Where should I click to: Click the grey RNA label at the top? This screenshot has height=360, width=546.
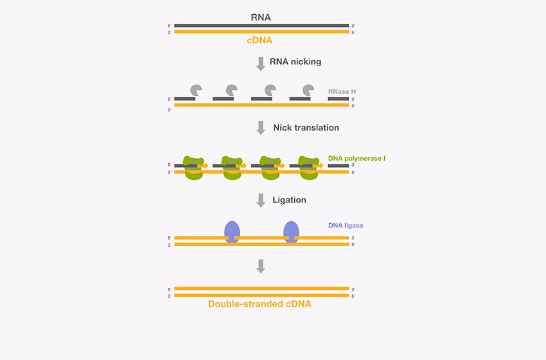tap(261, 17)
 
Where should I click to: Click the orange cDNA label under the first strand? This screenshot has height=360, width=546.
tap(260, 40)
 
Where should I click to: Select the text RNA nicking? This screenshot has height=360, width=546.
tap(295, 62)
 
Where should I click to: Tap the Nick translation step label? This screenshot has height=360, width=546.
tap(306, 128)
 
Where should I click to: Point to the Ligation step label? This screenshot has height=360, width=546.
tap(290, 200)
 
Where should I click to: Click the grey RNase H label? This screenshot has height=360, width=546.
tap(342, 91)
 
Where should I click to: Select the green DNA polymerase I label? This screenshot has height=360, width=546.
tap(357, 157)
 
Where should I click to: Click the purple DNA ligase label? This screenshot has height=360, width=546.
tap(346, 226)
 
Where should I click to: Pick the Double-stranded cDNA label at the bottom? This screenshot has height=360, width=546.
tap(260, 303)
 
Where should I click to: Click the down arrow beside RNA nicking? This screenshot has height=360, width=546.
tap(261, 63)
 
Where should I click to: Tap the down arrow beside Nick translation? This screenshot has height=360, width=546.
tap(261, 128)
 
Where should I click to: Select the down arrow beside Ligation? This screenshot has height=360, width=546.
tap(261, 200)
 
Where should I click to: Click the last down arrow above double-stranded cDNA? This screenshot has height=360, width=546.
tap(261, 265)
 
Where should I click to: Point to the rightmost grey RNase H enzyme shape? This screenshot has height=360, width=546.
tap(308, 91)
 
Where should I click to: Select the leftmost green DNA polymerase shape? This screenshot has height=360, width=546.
tap(193, 167)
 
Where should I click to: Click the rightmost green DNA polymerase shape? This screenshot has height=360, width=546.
tap(308, 167)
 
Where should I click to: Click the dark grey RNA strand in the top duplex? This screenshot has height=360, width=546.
tap(261, 26)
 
